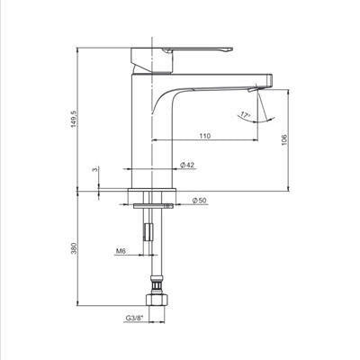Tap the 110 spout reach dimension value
tap(205, 136)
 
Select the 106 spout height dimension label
tap(284, 140)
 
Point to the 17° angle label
tap(245, 115)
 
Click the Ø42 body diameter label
tap(187, 165)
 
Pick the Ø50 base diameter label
tap(200, 201)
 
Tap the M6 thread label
tap(120, 251)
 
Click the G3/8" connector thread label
tap(134, 319)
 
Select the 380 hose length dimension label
tap(74, 247)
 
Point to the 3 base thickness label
tap(95, 169)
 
